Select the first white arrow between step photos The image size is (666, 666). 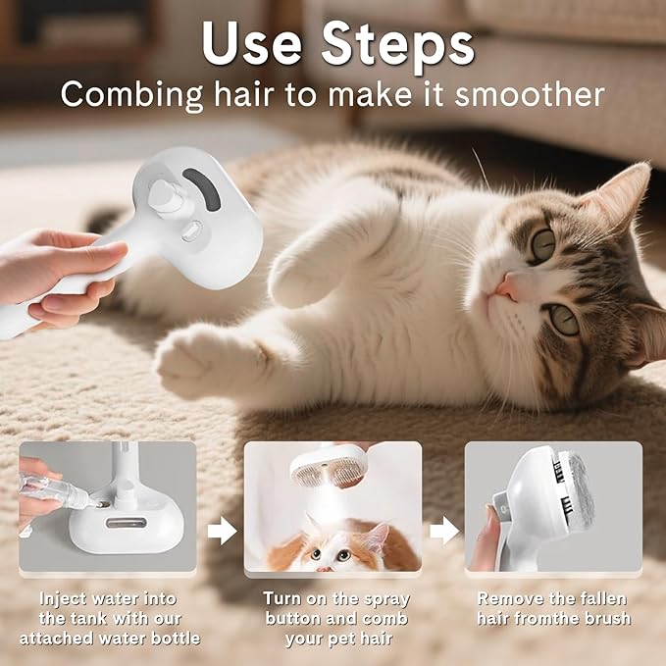coord(223,532)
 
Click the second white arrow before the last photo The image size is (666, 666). coord(444,532)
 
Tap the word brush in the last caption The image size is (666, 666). coord(607,618)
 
